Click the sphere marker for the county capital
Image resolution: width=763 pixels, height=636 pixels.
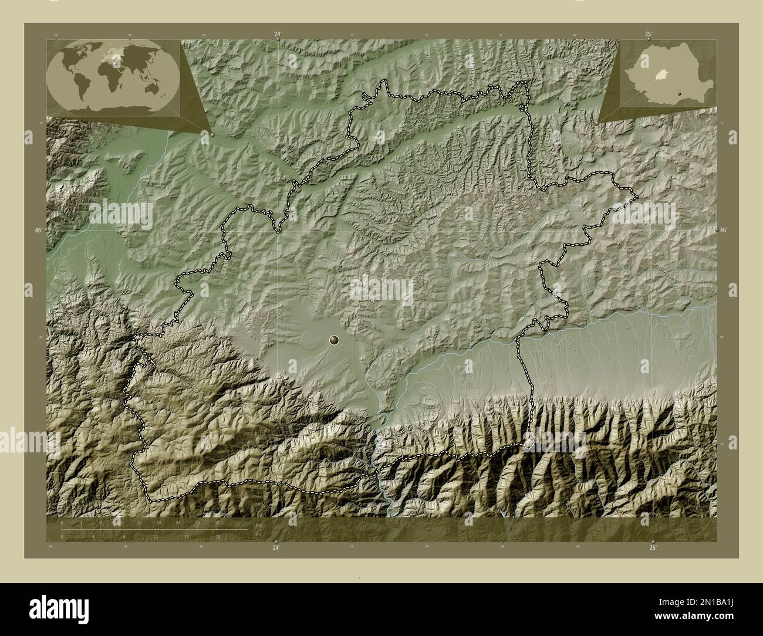(335, 340)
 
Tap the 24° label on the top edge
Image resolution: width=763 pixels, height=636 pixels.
(277, 35)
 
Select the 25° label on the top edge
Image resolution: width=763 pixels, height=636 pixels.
(648, 35)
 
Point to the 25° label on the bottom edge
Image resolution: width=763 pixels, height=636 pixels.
(653, 547)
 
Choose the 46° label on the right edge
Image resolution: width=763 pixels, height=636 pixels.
(724, 231)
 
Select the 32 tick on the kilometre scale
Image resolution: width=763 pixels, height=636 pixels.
(217, 522)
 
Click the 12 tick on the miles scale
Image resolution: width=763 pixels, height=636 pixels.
(155, 537)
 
